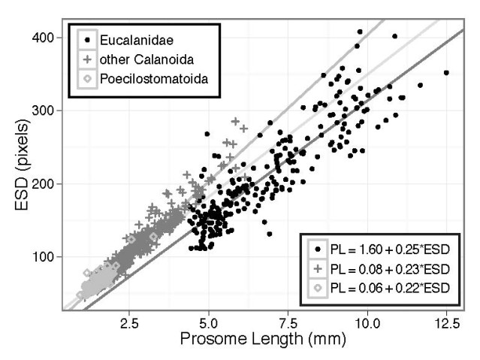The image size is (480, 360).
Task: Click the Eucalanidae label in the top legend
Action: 132,36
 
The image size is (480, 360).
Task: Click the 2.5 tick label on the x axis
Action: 128,323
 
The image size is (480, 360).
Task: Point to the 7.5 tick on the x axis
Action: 288,323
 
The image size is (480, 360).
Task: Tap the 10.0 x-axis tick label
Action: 367,323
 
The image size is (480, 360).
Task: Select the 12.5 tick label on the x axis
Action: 447,323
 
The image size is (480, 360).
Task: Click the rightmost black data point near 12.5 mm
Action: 446,73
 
